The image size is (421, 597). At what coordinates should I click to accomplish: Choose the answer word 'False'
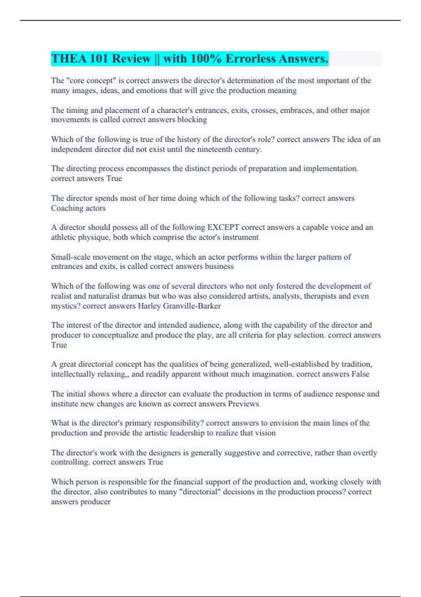(360, 374)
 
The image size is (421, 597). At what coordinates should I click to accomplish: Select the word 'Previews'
(243, 404)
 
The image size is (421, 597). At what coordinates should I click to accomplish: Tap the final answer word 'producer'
(95, 502)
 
